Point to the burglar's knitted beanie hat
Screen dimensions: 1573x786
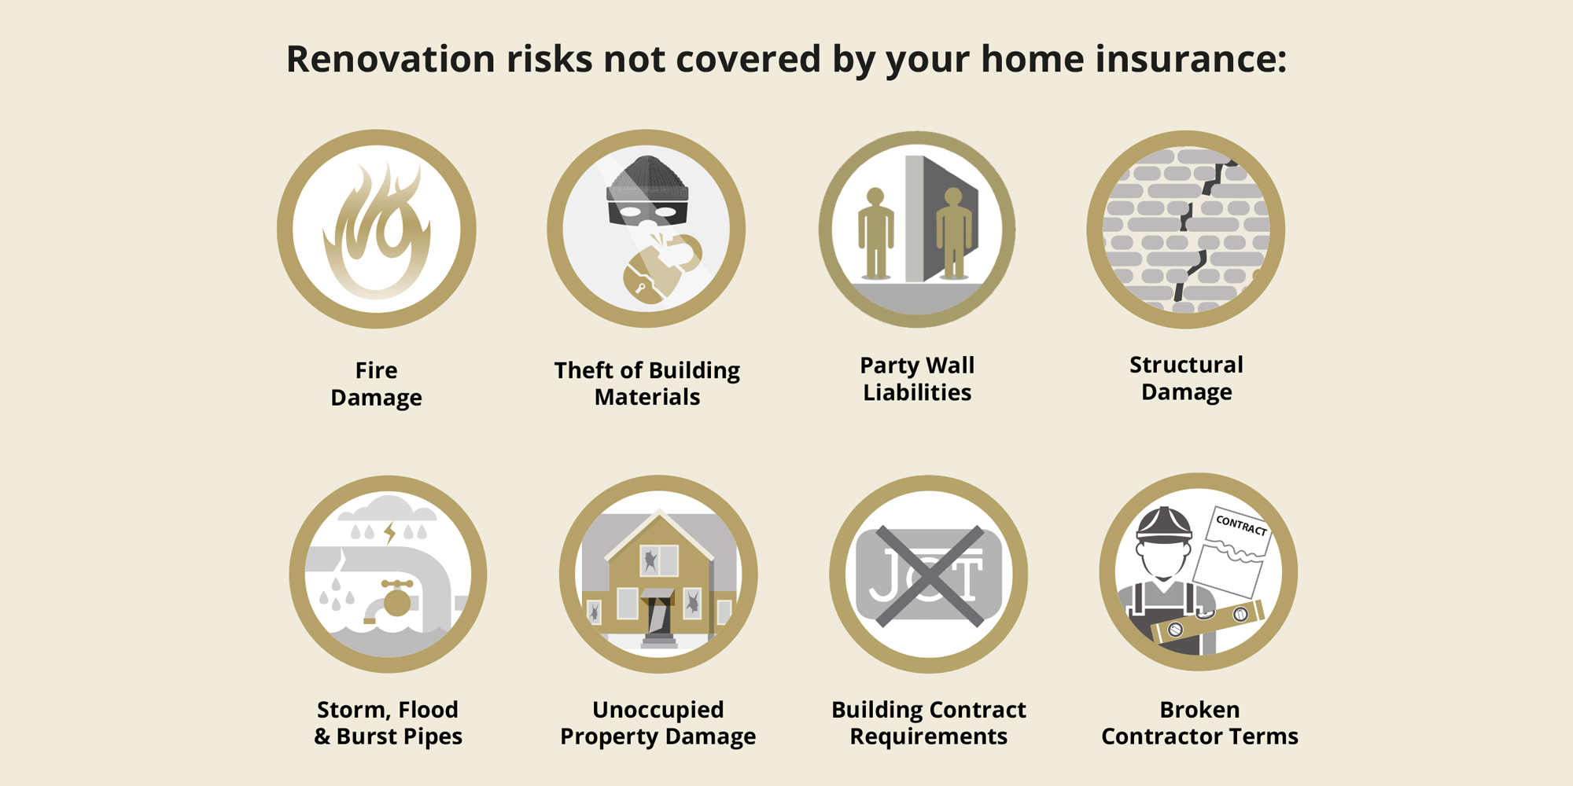point(647,177)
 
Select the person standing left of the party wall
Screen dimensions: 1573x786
point(875,233)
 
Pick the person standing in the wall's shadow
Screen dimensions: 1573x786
point(953,233)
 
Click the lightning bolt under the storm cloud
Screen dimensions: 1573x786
point(390,533)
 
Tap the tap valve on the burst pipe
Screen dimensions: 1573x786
point(396,597)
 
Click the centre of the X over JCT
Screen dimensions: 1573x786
point(929,576)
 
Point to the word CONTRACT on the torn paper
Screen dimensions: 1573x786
point(1242,524)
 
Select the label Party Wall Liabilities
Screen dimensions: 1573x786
point(917,379)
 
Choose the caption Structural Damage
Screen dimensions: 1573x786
point(1186,378)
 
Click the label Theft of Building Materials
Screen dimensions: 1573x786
point(647,384)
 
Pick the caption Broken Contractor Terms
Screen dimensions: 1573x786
point(1199,722)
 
